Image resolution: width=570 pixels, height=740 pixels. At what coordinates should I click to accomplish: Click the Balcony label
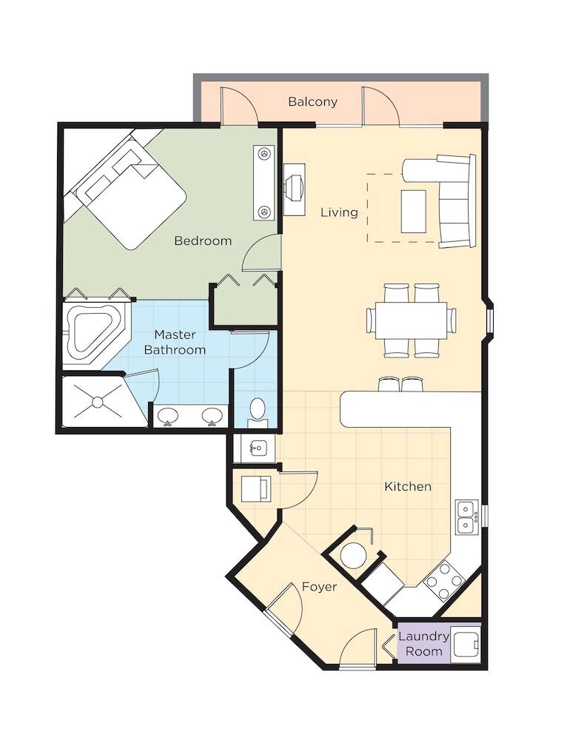point(312,101)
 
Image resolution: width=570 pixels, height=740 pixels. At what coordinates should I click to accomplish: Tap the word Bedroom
point(203,240)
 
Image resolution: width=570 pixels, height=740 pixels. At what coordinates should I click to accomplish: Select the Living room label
point(339,212)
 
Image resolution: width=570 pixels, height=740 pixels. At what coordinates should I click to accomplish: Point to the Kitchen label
point(408,486)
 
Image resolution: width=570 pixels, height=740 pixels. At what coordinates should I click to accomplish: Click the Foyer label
point(319,587)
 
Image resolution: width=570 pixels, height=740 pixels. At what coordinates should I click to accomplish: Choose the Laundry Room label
point(423,644)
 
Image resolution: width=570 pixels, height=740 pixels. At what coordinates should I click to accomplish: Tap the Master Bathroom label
point(175,342)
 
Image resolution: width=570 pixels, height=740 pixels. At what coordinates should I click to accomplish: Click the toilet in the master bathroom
point(258,411)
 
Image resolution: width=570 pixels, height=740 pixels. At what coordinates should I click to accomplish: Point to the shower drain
point(97,402)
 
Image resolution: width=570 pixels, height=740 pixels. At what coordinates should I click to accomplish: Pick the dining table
point(411,320)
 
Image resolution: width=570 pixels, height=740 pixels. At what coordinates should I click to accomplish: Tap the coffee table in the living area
point(414,212)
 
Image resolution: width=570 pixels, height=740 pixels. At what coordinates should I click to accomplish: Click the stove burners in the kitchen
point(444,580)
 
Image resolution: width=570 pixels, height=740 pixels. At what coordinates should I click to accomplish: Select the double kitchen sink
point(466,517)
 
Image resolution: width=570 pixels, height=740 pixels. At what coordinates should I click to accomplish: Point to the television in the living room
point(294,189)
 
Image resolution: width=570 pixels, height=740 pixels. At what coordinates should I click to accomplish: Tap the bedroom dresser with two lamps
point(264,183)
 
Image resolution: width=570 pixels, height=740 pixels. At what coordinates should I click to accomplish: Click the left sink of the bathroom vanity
point(167,416)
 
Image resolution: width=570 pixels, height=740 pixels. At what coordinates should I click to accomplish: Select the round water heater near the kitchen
point(353,555)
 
